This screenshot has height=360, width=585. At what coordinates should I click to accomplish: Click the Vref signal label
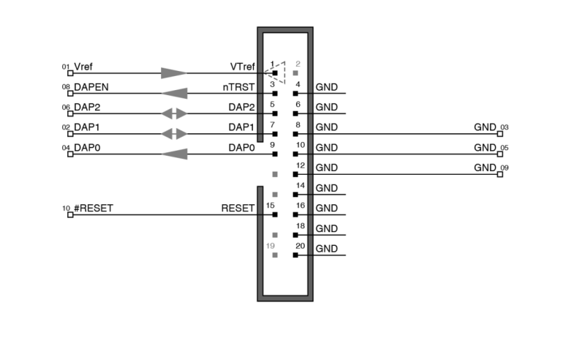pyautogui.click(x=85, y=67)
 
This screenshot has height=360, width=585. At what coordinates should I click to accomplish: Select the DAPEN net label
pyautogui.click(x=91, y=86)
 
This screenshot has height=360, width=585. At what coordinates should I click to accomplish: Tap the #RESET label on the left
pyautogui.click(x=94, y=208)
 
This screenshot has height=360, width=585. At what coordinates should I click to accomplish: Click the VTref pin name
pyautogui.click(x=242, y=67)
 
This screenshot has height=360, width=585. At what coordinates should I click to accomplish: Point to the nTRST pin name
pyautogui.click(x=239, y=87)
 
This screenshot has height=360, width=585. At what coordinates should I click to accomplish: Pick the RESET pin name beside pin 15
pyautogui.click(x=238, y=208)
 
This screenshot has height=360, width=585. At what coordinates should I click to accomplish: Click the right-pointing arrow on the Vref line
pyautogui.click(x=174, y=73)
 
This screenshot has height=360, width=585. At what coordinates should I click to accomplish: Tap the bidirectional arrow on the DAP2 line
pyautogui.click(x=174, y=114)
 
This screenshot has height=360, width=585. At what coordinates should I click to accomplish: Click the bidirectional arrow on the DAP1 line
pyautogui.click(x=174, y=134)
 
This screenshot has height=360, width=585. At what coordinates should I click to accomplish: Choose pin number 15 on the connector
pyautogui.click(x=270, y=206)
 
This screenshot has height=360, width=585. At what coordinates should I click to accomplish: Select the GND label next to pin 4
pyautogui.click(x=327, y=87)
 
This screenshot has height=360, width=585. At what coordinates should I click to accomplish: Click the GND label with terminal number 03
pyautogui.click(x=485, y=127)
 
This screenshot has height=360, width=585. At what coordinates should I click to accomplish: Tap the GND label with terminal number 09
pyautogui.click(x=485, y=168)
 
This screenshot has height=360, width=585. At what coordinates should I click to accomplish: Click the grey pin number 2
pyautogui.click(x=297, y=64)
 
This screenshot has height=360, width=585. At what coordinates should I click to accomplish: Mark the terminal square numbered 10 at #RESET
pyautogui.click(x=70, y=215)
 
